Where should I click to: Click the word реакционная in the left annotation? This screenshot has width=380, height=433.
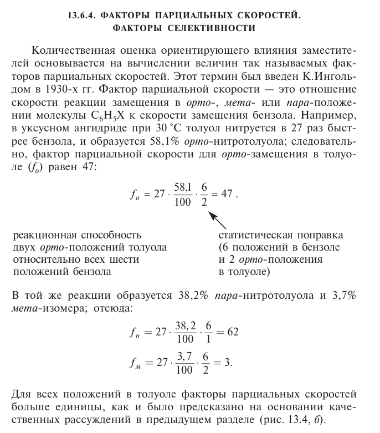coord(44,235)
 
